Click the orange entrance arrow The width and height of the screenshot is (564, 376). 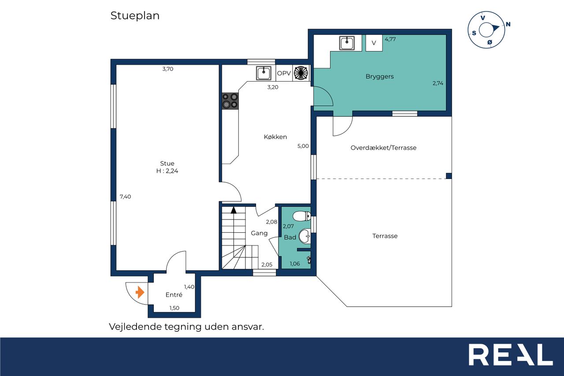click(x=140, y=292)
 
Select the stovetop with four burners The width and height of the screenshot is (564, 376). click(x=230, y=101)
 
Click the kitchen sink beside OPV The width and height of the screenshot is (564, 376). click(x=263, y=73)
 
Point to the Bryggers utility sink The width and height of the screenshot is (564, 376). click(x=347, y=43)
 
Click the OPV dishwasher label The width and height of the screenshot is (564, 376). click(x=284, y=73)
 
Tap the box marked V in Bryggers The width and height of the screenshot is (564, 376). click(x=374, y=43)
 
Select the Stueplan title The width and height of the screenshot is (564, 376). click(x=135, y=16)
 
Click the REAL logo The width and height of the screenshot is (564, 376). click(x=511, y=354)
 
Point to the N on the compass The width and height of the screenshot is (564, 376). click(x=508, y=24)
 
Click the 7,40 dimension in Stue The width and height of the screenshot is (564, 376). click(x=125, y=197)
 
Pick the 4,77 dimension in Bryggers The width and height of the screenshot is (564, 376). click(x=390, y=39)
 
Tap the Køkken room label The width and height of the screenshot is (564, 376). click(x=275, y=137)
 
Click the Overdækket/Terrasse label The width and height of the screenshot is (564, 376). click(x=383, y=148)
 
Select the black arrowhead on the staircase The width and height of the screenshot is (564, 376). click(x=234, y=210)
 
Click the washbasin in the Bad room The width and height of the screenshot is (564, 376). click(x=304, y=236)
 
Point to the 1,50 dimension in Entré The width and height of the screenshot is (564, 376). click(x=174, y=308)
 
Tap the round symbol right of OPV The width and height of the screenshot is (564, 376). click(x=301, y=73)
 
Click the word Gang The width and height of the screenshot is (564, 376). click(x=259, y=233)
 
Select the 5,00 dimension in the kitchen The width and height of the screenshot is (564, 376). click(x=303, y=146)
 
